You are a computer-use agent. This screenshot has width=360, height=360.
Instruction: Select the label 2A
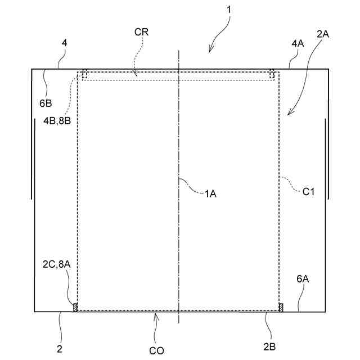[323, 34]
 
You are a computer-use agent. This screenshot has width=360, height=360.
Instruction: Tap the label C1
[308, 191]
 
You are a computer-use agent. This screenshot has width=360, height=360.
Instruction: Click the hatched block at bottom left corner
[75, 307]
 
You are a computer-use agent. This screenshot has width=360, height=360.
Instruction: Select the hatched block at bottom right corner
[281, 307]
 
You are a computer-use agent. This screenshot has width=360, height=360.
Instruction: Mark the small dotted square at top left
[84, 73]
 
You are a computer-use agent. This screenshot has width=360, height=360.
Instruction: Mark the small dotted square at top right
[272, 73]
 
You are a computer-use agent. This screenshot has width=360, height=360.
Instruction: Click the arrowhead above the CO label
[157, 316]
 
